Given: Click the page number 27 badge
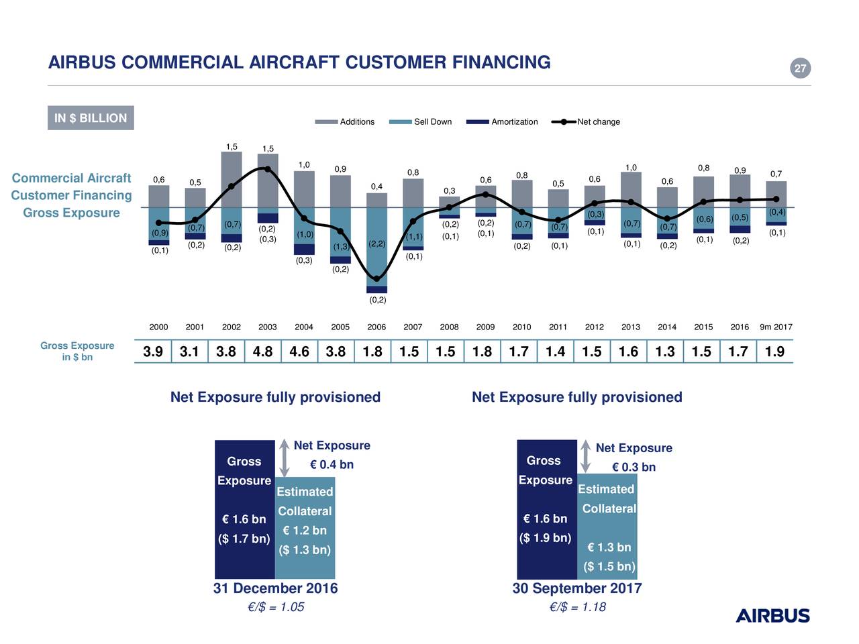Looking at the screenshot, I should pos(800,68).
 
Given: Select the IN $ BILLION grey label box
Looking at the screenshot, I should pos(91,118).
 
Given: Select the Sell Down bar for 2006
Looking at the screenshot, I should pos(376,246).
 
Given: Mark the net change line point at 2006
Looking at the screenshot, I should pos(376,279).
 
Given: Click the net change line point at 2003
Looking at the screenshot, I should pos(268,169).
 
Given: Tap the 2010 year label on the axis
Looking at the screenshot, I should pos(521,327).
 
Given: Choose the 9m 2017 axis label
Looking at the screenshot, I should pos(776,327).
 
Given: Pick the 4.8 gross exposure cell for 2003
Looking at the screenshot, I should pos(262,352).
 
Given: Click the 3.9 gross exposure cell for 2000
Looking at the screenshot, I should pos(153,352).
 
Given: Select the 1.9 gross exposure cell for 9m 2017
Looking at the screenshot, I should pos(774,352).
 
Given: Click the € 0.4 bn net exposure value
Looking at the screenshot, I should pos(332,465).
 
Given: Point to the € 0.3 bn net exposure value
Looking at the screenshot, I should pos(634,467).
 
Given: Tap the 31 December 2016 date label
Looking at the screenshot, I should pos(275,588).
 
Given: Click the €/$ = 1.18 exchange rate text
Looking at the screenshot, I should pos(577,607).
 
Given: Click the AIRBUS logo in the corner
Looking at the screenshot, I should pos(772,616).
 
